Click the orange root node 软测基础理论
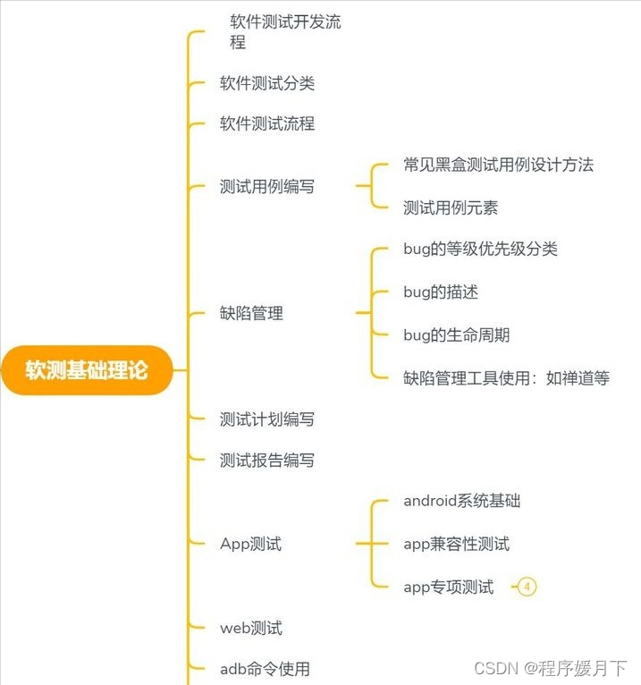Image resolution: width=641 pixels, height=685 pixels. point(87,370)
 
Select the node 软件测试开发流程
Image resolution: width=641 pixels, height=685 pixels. point(284,32)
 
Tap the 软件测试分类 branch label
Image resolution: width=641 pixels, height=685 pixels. point(267,83)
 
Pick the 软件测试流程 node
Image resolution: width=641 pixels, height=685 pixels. point(267,123)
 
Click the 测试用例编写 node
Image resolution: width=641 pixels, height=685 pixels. point(267,186)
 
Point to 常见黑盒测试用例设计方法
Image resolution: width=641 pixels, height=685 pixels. point(498,165)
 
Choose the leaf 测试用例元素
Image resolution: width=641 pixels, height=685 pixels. point(451,207)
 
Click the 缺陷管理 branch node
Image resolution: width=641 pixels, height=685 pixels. point(251,313)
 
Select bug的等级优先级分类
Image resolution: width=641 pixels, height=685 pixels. point(480,249)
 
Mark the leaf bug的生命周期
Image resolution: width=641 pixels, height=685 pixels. point(456,334)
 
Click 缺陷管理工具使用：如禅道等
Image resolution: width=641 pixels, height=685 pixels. point(506,377)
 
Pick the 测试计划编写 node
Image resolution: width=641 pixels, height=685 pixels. point(267,419)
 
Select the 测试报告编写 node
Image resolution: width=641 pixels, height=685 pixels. point(267,461)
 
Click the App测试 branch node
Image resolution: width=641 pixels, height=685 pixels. point(250,543)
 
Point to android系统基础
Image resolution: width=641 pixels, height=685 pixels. point(461,500)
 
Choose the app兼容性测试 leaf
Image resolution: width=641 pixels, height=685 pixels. point(456,543)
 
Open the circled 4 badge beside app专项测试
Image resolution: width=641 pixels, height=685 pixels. point(527,587)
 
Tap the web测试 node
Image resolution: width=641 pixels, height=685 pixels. point(251,628)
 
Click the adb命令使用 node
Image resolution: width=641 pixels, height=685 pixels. point(265,668)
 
